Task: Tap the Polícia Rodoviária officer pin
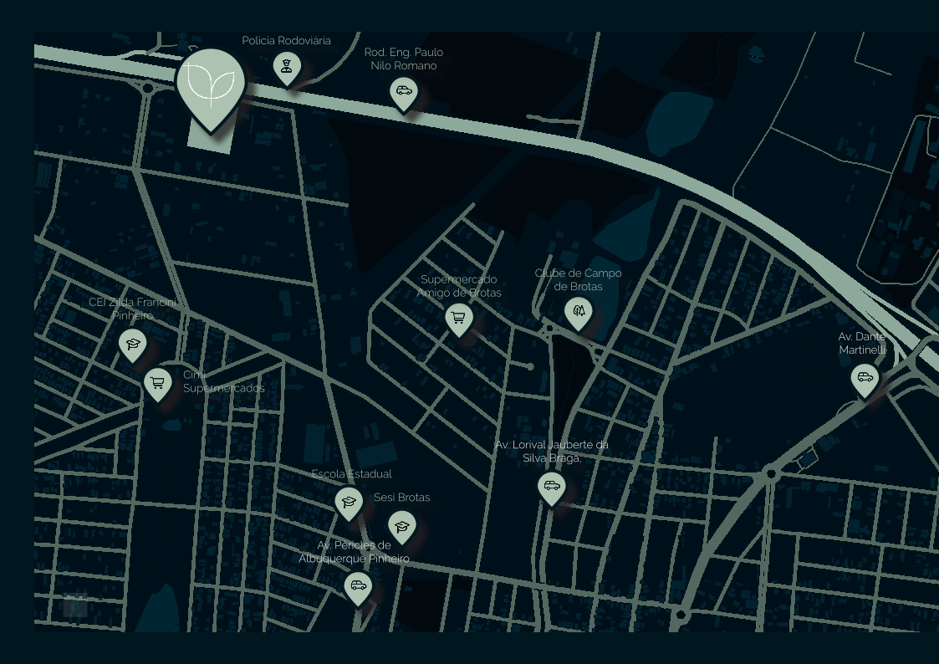pos(287,68)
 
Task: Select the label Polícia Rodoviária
pos(286,41)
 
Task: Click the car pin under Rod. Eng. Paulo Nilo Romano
pos(404,92)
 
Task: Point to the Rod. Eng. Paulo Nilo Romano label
pos(404,59)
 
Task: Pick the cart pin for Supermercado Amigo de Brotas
pos(458,319)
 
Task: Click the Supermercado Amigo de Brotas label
pos(459,286)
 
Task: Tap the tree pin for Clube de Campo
pos(578,313)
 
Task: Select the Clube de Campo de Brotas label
pos(578,279)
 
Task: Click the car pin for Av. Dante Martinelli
pos(865,379)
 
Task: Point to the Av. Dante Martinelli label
pos(862,343)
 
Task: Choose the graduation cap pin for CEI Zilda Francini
pos(132,344)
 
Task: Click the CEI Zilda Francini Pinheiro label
pos(133,309)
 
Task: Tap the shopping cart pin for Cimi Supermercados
pos(157,384)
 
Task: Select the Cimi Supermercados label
pos(223,381)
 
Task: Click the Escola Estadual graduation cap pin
pos(349,503)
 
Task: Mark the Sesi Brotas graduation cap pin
pos(402,526)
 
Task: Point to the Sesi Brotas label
pos(402,498)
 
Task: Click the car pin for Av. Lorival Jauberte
pos(552,487)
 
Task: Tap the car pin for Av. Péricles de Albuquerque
pos(358,586)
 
